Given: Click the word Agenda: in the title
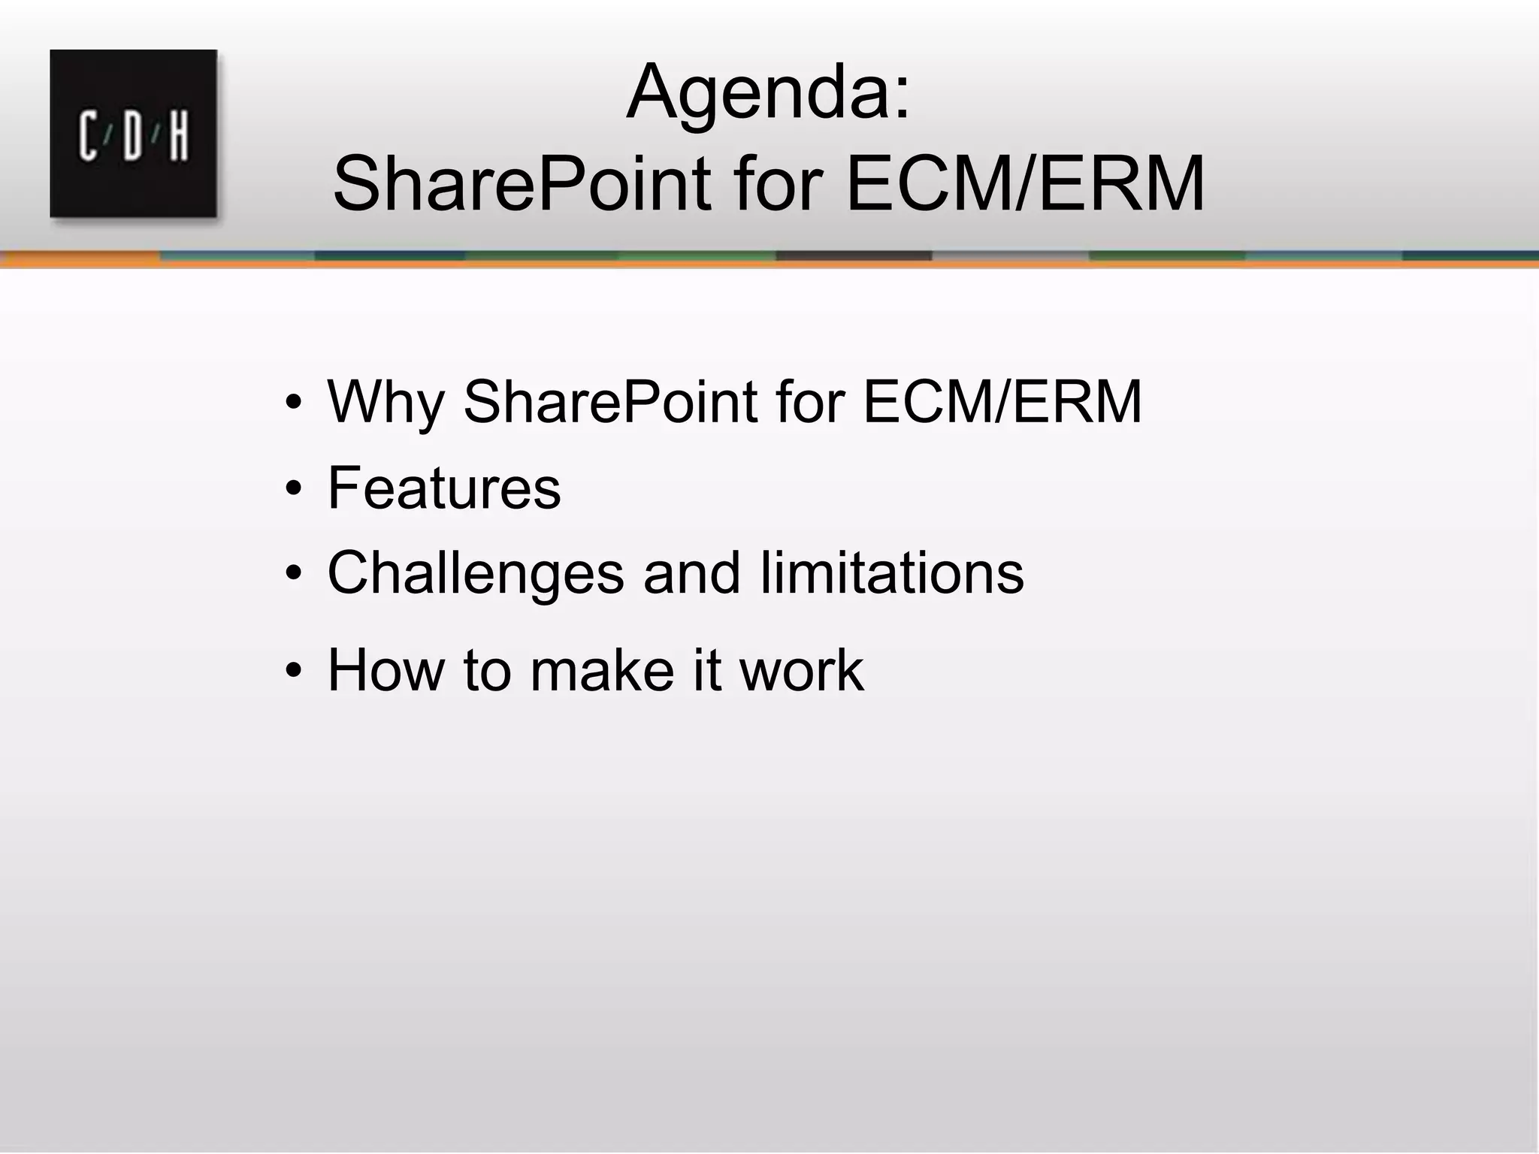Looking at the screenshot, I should (768, 93).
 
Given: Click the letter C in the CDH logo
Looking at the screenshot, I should (89, 136).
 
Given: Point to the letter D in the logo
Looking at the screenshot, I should (133, 136).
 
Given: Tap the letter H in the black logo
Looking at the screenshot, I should (179, 136).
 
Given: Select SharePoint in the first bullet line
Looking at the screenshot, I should (610, 403).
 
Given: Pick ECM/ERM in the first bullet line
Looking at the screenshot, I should (1002, 403).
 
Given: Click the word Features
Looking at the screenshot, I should (444, 488).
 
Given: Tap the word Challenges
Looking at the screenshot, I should (476, 573).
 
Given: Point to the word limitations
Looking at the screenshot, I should (892, 573).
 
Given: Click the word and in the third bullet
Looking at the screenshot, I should (691, 573).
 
